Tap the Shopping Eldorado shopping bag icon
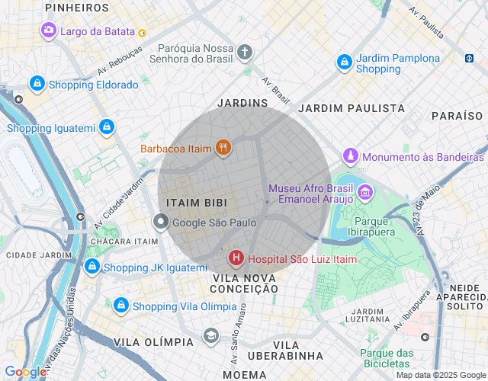point(37,84)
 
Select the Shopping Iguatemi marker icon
point(108,126)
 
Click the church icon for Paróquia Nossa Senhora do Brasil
point(244,53)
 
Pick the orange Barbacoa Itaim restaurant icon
point(223,148)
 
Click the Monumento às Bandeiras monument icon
point(350,156)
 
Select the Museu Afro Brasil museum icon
point(366,191)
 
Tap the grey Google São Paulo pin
point(161,223)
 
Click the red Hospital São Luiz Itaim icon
point(236,258)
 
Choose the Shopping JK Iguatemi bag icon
point(91,267)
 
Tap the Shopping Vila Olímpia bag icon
point(120,306)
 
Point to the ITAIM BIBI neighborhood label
point(197,202)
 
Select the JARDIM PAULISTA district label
point(352,108)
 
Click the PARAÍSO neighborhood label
point(457,116)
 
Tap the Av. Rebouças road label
point(120,62)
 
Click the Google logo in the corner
point(24,372)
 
